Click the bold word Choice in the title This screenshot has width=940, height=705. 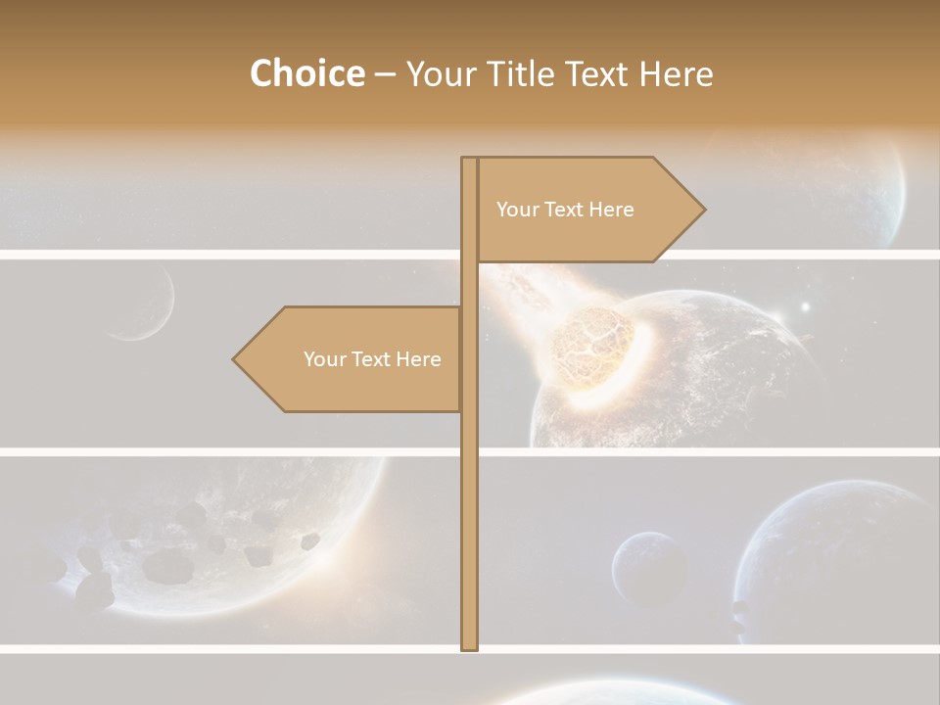tap(306, 73)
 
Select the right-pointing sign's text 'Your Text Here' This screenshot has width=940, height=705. tap(565, 210)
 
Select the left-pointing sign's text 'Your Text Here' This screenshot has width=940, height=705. tap(372, 359)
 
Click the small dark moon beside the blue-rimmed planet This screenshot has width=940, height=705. tap(649, 570)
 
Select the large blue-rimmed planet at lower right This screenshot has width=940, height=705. tap(832, 558)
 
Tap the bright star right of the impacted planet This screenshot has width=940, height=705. tap(805, 307)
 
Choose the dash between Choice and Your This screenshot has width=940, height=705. tap(385, 73)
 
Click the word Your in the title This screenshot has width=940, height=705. tap(441, 73)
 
